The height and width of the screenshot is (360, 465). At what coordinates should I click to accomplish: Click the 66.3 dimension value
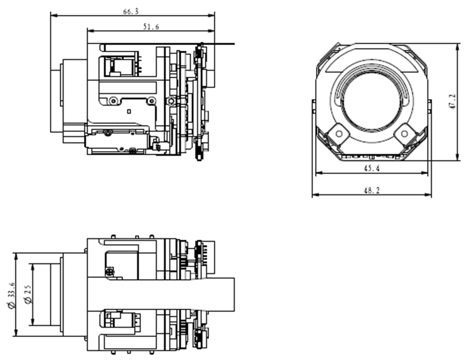(x=130, y=12)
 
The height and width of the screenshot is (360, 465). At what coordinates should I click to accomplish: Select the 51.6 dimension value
(x=151, y=27)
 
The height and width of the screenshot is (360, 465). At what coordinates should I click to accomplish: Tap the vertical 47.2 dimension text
(x=452, y=102)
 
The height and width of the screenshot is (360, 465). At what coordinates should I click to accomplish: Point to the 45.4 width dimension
(x=372, y=168)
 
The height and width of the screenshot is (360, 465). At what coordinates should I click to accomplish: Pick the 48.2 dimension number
(x=372, y=190)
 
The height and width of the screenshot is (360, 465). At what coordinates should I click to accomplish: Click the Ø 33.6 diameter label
(x=12, y=295)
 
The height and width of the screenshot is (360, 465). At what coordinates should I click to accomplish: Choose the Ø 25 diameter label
(x=28, y=294)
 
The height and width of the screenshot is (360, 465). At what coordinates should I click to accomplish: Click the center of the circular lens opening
(x=372, y=101)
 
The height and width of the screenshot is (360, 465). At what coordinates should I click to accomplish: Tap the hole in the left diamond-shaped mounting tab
(x=338, y=134)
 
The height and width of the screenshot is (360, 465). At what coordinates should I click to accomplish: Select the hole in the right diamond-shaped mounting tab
(x=404, y=134)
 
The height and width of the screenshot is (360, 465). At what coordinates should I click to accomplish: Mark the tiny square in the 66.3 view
(x=128, y=112)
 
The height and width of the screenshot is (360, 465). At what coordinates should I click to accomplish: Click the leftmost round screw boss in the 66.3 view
(x=113, y=101)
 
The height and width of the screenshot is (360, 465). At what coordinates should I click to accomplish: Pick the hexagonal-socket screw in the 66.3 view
(x=171, y=101)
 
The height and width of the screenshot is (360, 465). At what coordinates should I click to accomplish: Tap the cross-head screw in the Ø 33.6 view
(x=109, y=271)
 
